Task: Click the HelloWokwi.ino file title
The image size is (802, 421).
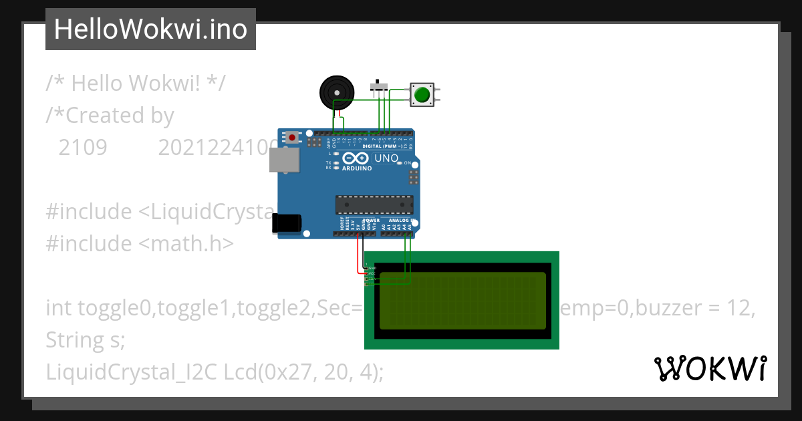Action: coord(150,29)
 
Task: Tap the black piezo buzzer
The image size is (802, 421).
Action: coord(336,92)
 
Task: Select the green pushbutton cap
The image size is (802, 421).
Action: coord(421,95)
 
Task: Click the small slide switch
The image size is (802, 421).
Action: coord(380,86)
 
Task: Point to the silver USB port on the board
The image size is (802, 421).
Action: coord(283,160)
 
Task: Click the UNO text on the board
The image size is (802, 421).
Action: coord(386,158)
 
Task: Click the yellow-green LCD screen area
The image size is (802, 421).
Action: coord(462,301)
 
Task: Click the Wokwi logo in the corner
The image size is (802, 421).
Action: coord(710,369)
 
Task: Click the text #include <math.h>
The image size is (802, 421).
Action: coord(140,244)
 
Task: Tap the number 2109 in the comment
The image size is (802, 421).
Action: coord(83,148)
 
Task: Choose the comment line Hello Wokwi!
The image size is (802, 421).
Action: coord(136,84)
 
